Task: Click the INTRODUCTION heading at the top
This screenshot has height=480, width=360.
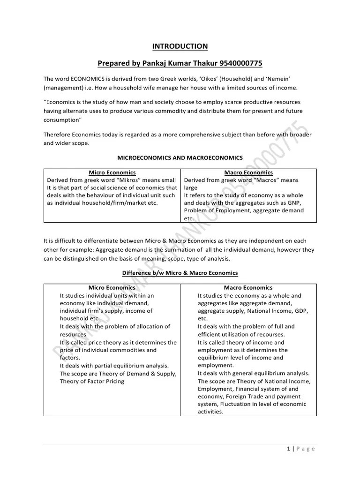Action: (x=180, y=46)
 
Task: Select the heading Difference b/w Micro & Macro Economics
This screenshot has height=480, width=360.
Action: (x=180, y=273)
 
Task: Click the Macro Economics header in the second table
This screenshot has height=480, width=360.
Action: (x=248, y=287)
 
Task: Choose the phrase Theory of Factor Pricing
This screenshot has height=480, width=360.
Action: (x=92, y=381)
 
